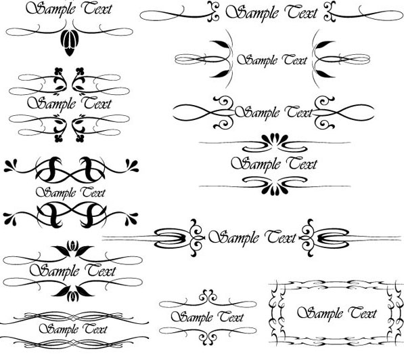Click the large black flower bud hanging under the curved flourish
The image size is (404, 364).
(x=70, y=43)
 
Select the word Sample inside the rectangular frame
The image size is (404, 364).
(x=319, y=313)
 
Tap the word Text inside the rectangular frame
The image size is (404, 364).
(x=363, y=312)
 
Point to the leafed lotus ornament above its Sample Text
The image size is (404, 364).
(x=72, y=248)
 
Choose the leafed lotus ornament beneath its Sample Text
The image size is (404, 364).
(x=72, y=294)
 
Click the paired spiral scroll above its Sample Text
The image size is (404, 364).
(x=208, y=296)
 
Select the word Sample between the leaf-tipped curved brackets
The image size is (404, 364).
(x=257, y=60)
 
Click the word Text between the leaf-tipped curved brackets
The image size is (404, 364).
(x=295, y=60)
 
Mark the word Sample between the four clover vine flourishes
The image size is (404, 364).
(x=51, y=104)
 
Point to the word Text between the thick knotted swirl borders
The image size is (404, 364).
(x=92, y=193)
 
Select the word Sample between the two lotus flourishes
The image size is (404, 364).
(x=54, y=271)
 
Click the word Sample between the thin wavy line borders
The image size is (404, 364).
(x=59, y=329)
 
